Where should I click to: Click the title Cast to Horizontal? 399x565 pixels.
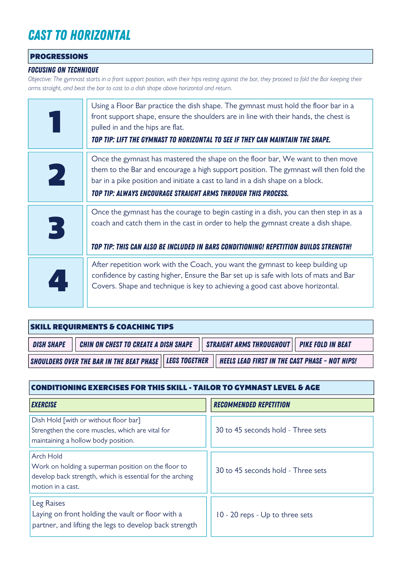tap(79, 35)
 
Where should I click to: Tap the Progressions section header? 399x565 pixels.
tap(59, 56)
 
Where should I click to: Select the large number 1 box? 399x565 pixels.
tap(56, 124)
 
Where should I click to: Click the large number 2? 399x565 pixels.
tap(56, 177)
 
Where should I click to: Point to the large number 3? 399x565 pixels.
tap(56, 230)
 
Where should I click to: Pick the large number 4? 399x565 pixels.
tap(58, 282)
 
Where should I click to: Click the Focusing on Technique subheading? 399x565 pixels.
tap(63, 70)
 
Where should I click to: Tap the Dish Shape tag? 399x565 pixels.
tap(49, 345)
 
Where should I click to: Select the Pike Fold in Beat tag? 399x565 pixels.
tap(325, 345)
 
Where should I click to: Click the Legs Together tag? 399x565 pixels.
tap(187, 361)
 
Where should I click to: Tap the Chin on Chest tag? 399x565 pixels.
tap(136, 345)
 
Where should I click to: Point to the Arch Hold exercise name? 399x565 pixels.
tap(47, 456)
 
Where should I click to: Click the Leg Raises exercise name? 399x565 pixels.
tap(49, 503)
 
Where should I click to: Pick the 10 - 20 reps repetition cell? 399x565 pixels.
tap(264, 515)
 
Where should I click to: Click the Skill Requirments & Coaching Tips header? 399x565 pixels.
tap(102, 327)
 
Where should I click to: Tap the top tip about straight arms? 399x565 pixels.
tap(190, 194)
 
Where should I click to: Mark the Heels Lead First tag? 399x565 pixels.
tap(288, 361)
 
